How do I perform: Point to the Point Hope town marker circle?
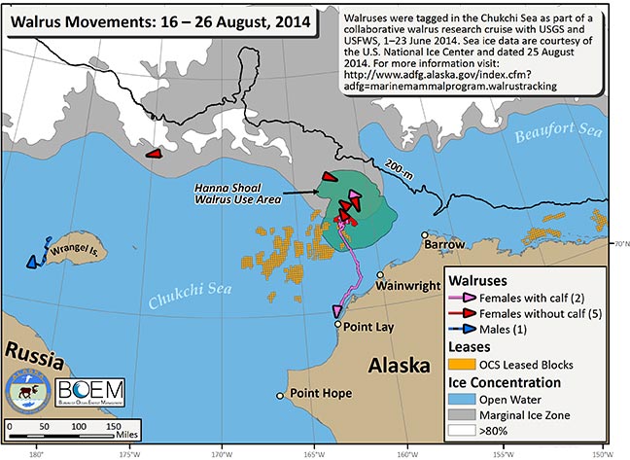click(281, 394)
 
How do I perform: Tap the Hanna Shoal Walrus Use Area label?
click(239, 193)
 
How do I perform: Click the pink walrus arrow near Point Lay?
click(337, 309)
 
